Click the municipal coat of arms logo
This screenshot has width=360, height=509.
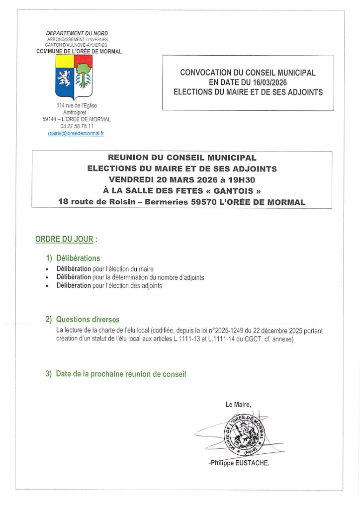pyautogui.click(x=74, y=77)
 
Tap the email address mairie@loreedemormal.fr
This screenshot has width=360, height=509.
pyautogui.click(x=76, y=134)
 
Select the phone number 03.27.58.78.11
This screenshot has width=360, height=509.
pyautogui.click(x=77, y=126)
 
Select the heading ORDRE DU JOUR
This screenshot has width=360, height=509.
pyautogui.click(x=64, y=239)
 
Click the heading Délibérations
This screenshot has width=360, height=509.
pyautogui.click(x=78, y=258)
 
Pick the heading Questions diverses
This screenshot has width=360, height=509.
pyautogui.click(x=88, y=320)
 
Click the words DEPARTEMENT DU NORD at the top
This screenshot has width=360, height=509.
pyautogui.click(x=77, y=33)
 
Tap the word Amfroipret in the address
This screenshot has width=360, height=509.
pyautogui.click(x=77, y=113)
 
